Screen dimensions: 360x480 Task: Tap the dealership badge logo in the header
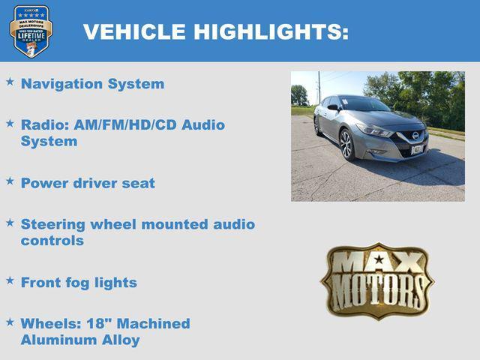click(31, 31)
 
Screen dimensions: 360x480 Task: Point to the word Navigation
click(62, 84)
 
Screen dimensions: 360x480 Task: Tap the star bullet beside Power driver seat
click(10, 181)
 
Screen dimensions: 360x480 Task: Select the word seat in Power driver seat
click(139, 183)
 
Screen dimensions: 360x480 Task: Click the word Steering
click(52, 224)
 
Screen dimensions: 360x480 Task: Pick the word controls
click(52, 241)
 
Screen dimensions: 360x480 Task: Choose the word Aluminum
click(52, 340)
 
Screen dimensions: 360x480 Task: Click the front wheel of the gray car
click(346, 145)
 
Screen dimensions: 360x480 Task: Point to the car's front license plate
click(417, 149)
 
